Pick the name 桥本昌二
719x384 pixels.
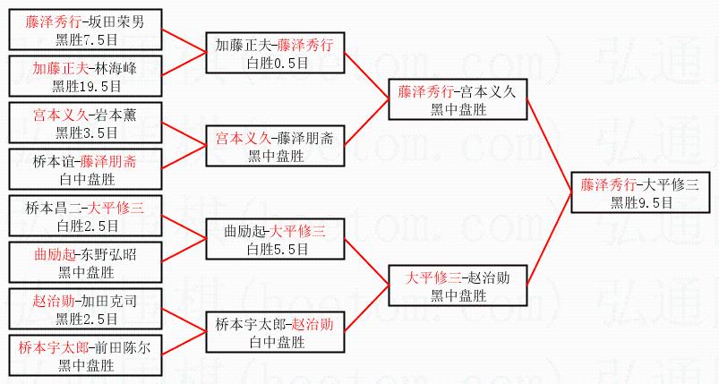tap(55, 209)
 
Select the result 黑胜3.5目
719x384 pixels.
tap(87, 132)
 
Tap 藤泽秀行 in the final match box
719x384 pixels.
tap(609, 185)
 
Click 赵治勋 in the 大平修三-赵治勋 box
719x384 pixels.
tap(489, 277)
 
